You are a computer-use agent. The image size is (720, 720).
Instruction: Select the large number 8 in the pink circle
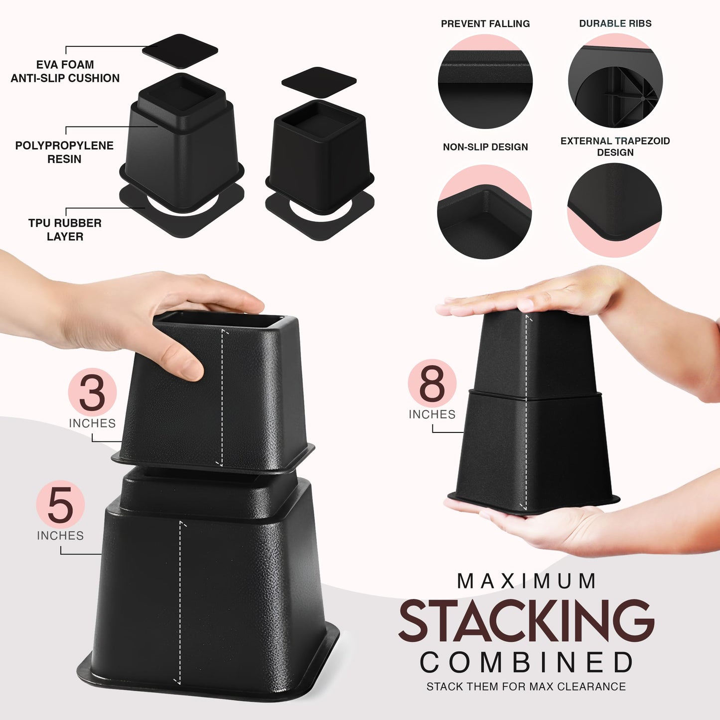[432, 383]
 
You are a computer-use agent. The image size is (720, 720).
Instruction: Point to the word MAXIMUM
[526, 581]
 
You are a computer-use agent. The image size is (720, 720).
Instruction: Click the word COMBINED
[526, 662]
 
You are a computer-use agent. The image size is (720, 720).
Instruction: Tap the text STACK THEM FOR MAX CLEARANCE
[526, 687]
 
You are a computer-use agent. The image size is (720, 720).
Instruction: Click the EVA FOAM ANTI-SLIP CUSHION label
[65, 71]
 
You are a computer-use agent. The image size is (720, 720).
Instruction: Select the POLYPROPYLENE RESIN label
[64, 152]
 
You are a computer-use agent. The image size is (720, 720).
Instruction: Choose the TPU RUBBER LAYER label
[65, 230]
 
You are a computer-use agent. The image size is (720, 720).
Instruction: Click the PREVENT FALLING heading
[485, 23]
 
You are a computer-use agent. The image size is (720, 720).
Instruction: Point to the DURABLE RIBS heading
[615, 23]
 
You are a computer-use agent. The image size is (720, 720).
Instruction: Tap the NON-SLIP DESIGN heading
[485, 147]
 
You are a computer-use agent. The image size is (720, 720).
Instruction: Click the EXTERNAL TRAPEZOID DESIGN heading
[615, 146]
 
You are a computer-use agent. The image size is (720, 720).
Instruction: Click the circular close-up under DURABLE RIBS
[615, 80]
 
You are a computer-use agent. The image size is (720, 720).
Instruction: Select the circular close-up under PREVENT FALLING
[485, 81]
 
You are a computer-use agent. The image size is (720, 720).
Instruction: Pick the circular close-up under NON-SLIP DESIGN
[485, 211]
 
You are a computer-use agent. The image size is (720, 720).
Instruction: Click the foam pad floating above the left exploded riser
[180, 51]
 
